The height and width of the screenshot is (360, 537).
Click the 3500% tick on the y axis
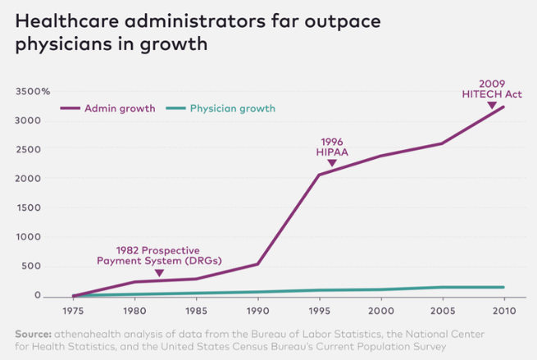tap(32, 92)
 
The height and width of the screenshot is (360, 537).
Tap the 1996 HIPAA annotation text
tap(332, 146)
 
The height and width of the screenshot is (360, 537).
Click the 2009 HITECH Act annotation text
tap(490, 88)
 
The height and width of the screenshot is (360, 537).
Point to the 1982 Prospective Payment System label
tap(159, 255)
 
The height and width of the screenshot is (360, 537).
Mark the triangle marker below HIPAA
tap(332, 163)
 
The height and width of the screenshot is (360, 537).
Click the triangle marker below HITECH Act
tap(491, 105)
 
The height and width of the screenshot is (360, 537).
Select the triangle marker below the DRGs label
tap(159, 272)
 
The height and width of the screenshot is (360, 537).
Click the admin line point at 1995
tap(318, 175)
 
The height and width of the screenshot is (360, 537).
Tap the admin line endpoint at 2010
tap(503, 107)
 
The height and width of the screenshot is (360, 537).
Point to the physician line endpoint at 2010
tap(503, 287)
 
